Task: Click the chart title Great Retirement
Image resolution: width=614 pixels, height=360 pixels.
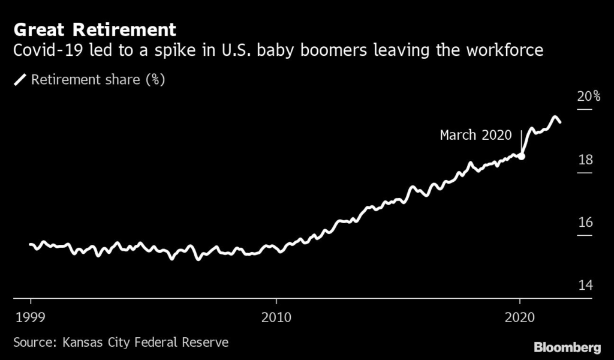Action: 95,30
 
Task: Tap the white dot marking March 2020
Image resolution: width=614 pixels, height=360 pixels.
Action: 521,157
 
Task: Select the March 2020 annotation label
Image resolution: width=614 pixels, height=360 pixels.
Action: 475,135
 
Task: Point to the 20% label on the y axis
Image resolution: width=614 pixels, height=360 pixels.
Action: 589,96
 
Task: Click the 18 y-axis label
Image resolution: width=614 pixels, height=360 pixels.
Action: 585,160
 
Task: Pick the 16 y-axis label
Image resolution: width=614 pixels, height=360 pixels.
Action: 585,223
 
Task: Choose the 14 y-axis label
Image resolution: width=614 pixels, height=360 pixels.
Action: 585,285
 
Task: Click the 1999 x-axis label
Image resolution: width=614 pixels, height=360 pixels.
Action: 30,317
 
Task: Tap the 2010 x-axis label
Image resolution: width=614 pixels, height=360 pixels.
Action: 276,317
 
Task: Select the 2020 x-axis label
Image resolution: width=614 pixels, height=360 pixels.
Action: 520,317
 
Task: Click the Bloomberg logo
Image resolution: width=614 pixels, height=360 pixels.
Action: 567,347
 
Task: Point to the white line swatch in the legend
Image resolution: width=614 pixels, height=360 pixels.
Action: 20,80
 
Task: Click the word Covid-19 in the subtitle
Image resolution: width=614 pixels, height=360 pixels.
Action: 49,50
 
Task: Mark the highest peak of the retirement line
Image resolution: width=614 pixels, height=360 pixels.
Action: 554,117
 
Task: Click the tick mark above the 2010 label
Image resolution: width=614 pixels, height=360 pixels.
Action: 276,302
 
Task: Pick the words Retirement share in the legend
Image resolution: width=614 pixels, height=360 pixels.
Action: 86,80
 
